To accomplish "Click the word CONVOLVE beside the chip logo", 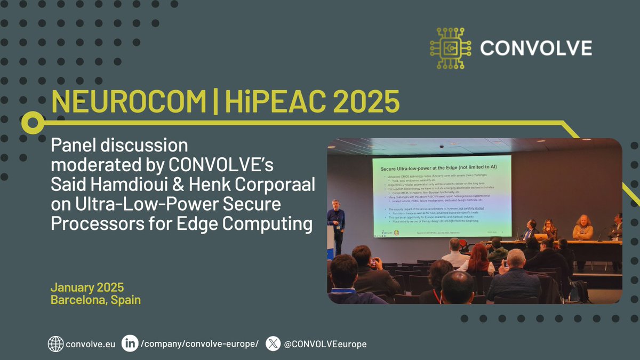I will pyautogui.click(x=536, y=49).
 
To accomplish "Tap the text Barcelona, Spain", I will pyautogui.click(x=95, y=300).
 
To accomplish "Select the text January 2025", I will pyautogui.click(x=87, y=287).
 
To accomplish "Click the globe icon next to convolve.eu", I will pyautogui.click(x=55, y=344).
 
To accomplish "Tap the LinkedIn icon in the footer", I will pyautogui.click(x=130, y=344).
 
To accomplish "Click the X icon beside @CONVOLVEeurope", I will pyautogui.click(x=273, y=344).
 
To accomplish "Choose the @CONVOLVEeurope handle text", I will pyautogui.click(x=325, y=344).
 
